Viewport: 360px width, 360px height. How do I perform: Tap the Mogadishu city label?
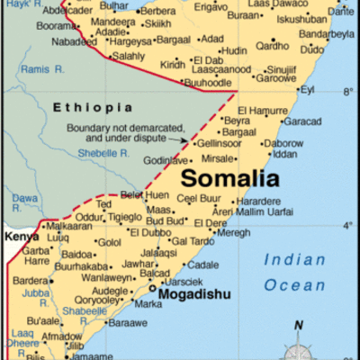click(x=195, y=294)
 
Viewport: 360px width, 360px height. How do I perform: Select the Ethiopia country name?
click(x=85, y=108)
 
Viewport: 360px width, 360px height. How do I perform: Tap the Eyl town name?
click(x=309, y=90)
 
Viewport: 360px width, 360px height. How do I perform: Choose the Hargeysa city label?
click(x=129, y=40)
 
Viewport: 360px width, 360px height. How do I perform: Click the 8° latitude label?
click(x=347, y=92)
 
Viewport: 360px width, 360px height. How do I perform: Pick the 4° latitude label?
click(x=347, y=225)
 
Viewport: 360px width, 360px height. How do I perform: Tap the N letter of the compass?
click(x=300, y=326)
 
